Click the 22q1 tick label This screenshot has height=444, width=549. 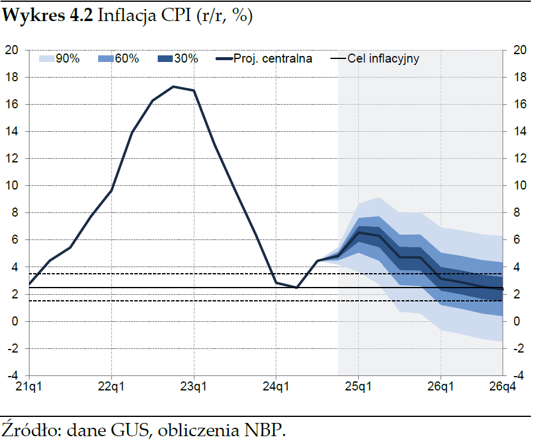point(111,386)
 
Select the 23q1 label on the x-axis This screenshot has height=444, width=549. point(194,386)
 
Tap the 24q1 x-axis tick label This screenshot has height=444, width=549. point(276,386)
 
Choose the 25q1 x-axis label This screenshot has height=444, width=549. point(358,386)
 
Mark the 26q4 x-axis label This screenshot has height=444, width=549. point(501,386)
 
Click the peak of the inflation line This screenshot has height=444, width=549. point(173,87)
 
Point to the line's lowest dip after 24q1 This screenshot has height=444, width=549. point(296,288)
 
